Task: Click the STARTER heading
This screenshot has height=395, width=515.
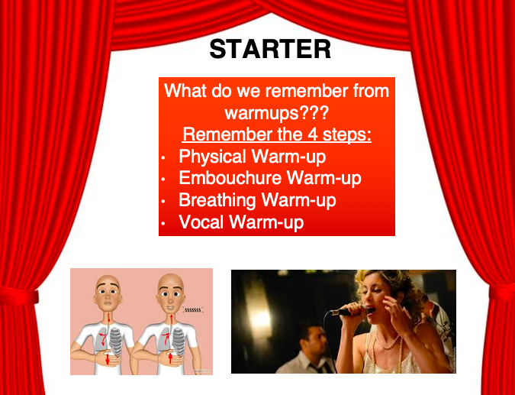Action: (x=270, y=50)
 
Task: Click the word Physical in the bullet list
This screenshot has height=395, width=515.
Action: (x=217, y=157)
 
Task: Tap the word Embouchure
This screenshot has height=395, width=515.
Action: (x=230, y=178)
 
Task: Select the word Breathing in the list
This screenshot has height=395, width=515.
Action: (x=217, y=201)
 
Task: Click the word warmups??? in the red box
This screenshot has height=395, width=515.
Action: (x=276, y=113)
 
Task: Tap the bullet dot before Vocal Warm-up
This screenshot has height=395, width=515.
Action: (x=163, y=224)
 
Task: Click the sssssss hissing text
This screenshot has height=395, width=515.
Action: (x=192, y=310)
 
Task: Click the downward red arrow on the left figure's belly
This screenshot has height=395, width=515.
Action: (x=107, y=359)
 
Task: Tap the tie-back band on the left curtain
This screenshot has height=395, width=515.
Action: (x=19, y=296)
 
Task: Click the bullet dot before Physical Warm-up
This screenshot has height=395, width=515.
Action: (x=163, y=158)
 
